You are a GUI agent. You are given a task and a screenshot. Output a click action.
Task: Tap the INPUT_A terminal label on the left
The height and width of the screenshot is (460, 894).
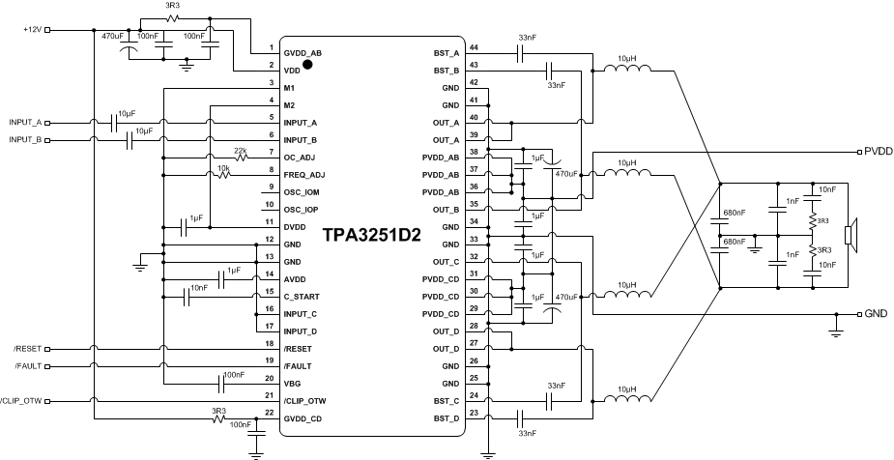[26, 123]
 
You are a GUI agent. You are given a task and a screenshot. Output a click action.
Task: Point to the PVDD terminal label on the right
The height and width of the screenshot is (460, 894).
[878, 152]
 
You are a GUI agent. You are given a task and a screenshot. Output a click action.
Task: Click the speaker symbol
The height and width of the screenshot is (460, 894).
[850, 235]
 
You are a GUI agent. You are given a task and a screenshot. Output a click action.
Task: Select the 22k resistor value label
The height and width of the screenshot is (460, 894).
[241, 150]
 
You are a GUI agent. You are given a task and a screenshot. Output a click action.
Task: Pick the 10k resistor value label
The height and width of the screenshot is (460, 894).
[223, 168]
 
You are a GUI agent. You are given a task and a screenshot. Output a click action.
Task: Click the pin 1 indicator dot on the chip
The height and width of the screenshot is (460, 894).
[308, 65]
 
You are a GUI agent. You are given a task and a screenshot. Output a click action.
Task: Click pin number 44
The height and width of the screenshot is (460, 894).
[474, 47]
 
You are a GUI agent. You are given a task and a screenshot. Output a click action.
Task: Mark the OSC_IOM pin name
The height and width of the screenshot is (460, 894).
[302, 192]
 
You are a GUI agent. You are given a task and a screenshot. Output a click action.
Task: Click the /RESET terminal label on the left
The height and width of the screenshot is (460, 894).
[28, 348]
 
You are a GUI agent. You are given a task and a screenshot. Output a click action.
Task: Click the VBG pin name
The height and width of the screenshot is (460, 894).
[292, 383]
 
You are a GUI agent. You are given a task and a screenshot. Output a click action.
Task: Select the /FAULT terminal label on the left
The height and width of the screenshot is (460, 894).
[29, 365]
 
